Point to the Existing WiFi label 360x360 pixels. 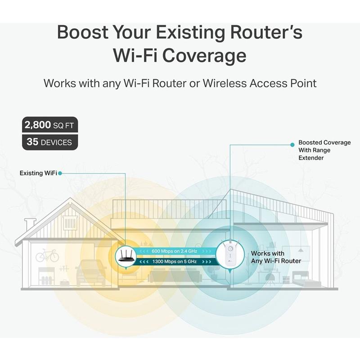(x=38, y=173)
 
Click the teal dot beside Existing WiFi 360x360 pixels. (x=60, y=173)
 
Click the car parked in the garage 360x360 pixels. (x=90, y=272)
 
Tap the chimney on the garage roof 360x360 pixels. (x=30, y=224)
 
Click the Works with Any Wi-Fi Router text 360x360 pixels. (x=276, y=257)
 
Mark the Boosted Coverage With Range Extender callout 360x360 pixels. (x=318, y=150)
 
